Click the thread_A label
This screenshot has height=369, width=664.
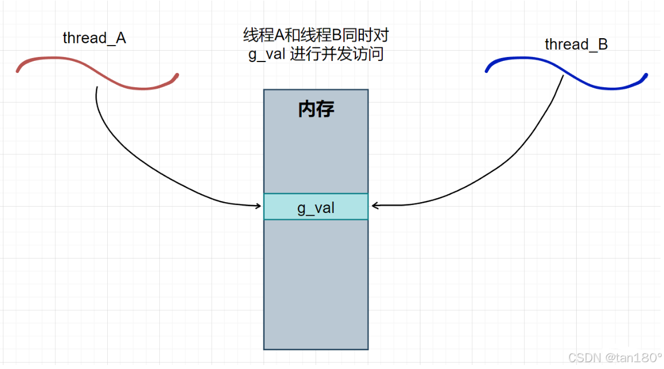click(94, 38)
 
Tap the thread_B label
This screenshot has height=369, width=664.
click(576, 44)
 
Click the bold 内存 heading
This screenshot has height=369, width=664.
click(316, 109)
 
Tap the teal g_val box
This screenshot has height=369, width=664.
click(316, 208)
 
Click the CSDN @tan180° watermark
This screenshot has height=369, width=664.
click(615, 358)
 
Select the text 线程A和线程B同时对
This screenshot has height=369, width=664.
click(316, 35)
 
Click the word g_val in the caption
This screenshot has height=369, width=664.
click(268, 55)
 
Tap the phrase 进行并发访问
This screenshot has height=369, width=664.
click(337, 55)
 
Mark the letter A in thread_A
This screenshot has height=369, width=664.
click(120, 38)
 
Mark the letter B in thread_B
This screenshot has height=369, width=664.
click(602, 44)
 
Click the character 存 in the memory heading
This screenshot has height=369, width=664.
click(325, 109)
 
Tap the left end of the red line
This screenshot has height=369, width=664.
click(18, 71)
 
